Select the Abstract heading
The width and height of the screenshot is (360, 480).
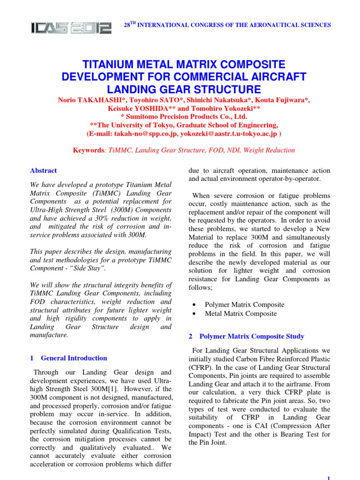[x=43, y=171]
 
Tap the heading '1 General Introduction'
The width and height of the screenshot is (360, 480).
[x=68, y=358]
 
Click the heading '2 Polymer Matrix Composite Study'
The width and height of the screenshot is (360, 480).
[x=246, y=336]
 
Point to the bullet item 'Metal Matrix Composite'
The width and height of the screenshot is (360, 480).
[x=240, y=314]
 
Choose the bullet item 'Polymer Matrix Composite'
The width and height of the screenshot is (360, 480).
[x=244, y=304]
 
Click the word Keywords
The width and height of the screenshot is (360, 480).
[x=89, y=150]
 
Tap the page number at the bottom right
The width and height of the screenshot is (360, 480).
[x=329, y=477]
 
